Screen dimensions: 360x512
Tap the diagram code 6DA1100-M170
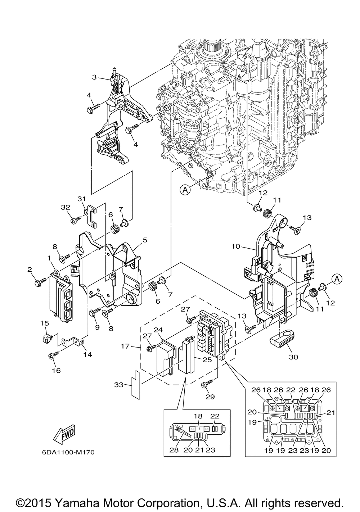click(x=68, y=453)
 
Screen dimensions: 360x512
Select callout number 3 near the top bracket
click(x=94, y=77)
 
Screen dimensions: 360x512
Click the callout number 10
click(x=236, y=246)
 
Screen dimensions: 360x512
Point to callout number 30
click(x=293, y=357)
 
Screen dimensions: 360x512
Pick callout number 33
click(x=119, y=385)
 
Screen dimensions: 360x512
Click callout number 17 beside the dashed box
click(x=125, y=346)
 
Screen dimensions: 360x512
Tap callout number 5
click(x=145, y=240)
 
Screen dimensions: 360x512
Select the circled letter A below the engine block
click(x=185, y=190)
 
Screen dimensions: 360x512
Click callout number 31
click(x=81, y=199)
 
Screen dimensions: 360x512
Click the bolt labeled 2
click(x=40, y=282)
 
